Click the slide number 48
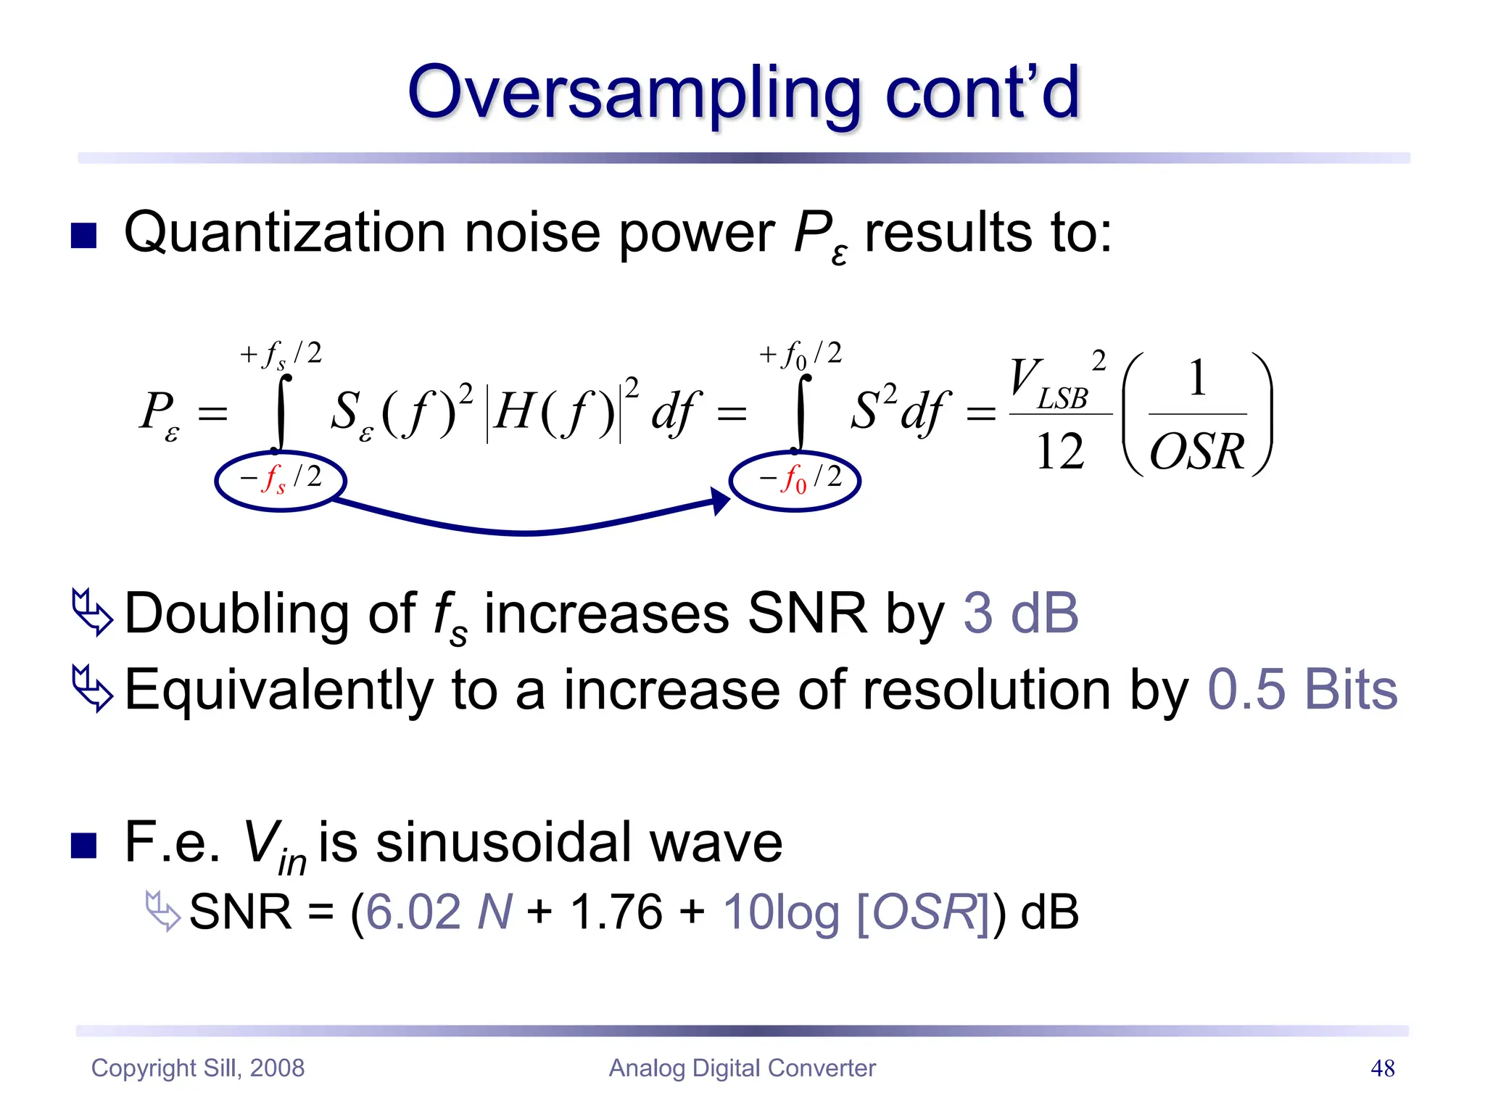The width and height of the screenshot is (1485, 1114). (1382, 1068)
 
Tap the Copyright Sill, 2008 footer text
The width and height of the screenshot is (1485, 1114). (197, 1068)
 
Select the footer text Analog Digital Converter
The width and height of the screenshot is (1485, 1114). (742, 1068)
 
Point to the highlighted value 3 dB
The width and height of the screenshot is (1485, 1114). (1020, 614)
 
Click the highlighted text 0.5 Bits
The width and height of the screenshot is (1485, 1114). (1302, 690)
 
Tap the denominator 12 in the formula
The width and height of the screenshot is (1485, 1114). (1059, 452)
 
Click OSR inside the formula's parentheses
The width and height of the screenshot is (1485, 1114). (1196, 452)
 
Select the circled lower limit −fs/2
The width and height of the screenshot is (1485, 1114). (281, 480)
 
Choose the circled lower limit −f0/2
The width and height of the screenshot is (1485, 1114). (795, 480)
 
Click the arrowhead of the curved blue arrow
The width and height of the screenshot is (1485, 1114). (719, 500)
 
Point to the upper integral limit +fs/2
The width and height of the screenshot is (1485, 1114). (281, 355)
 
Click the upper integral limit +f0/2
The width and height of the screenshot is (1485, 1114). (800, 355)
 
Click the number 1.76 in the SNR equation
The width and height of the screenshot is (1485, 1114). (616, 912)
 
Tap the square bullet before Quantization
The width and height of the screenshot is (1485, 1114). (84, 235)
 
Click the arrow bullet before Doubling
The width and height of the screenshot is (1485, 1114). (92, 613)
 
